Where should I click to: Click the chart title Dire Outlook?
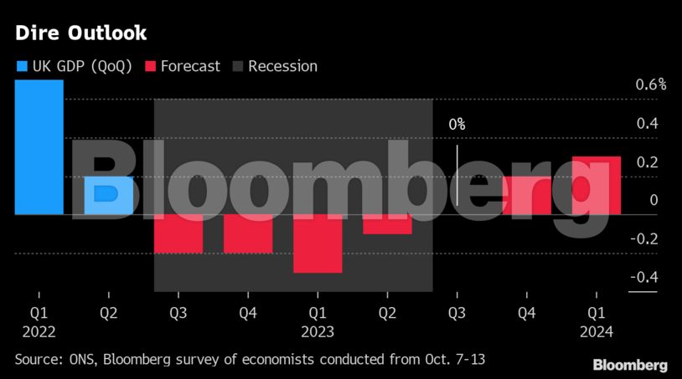[x=80, y=33]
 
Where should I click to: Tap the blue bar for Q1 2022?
[x=39, y=146]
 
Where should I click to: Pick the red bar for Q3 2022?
[x=178, y=233]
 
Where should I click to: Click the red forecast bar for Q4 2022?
[x=248, y=233]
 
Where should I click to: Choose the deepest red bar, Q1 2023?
[x=318, y=243]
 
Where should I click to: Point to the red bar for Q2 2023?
[x=387, y=224]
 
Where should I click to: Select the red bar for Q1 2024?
[x=597, y=186]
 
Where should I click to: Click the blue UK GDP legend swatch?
[x=21, y=66]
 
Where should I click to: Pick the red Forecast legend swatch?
[x=151, y=66]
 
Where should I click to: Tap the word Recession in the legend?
[x=282, y=66]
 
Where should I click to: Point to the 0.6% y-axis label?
[x=650, y=85]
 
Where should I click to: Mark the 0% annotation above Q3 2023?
[x=457, y=124]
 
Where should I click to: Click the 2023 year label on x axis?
[x=318, y=331]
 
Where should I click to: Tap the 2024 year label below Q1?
[x=597, y=331]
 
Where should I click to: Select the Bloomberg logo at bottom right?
[x=630, y=366]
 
